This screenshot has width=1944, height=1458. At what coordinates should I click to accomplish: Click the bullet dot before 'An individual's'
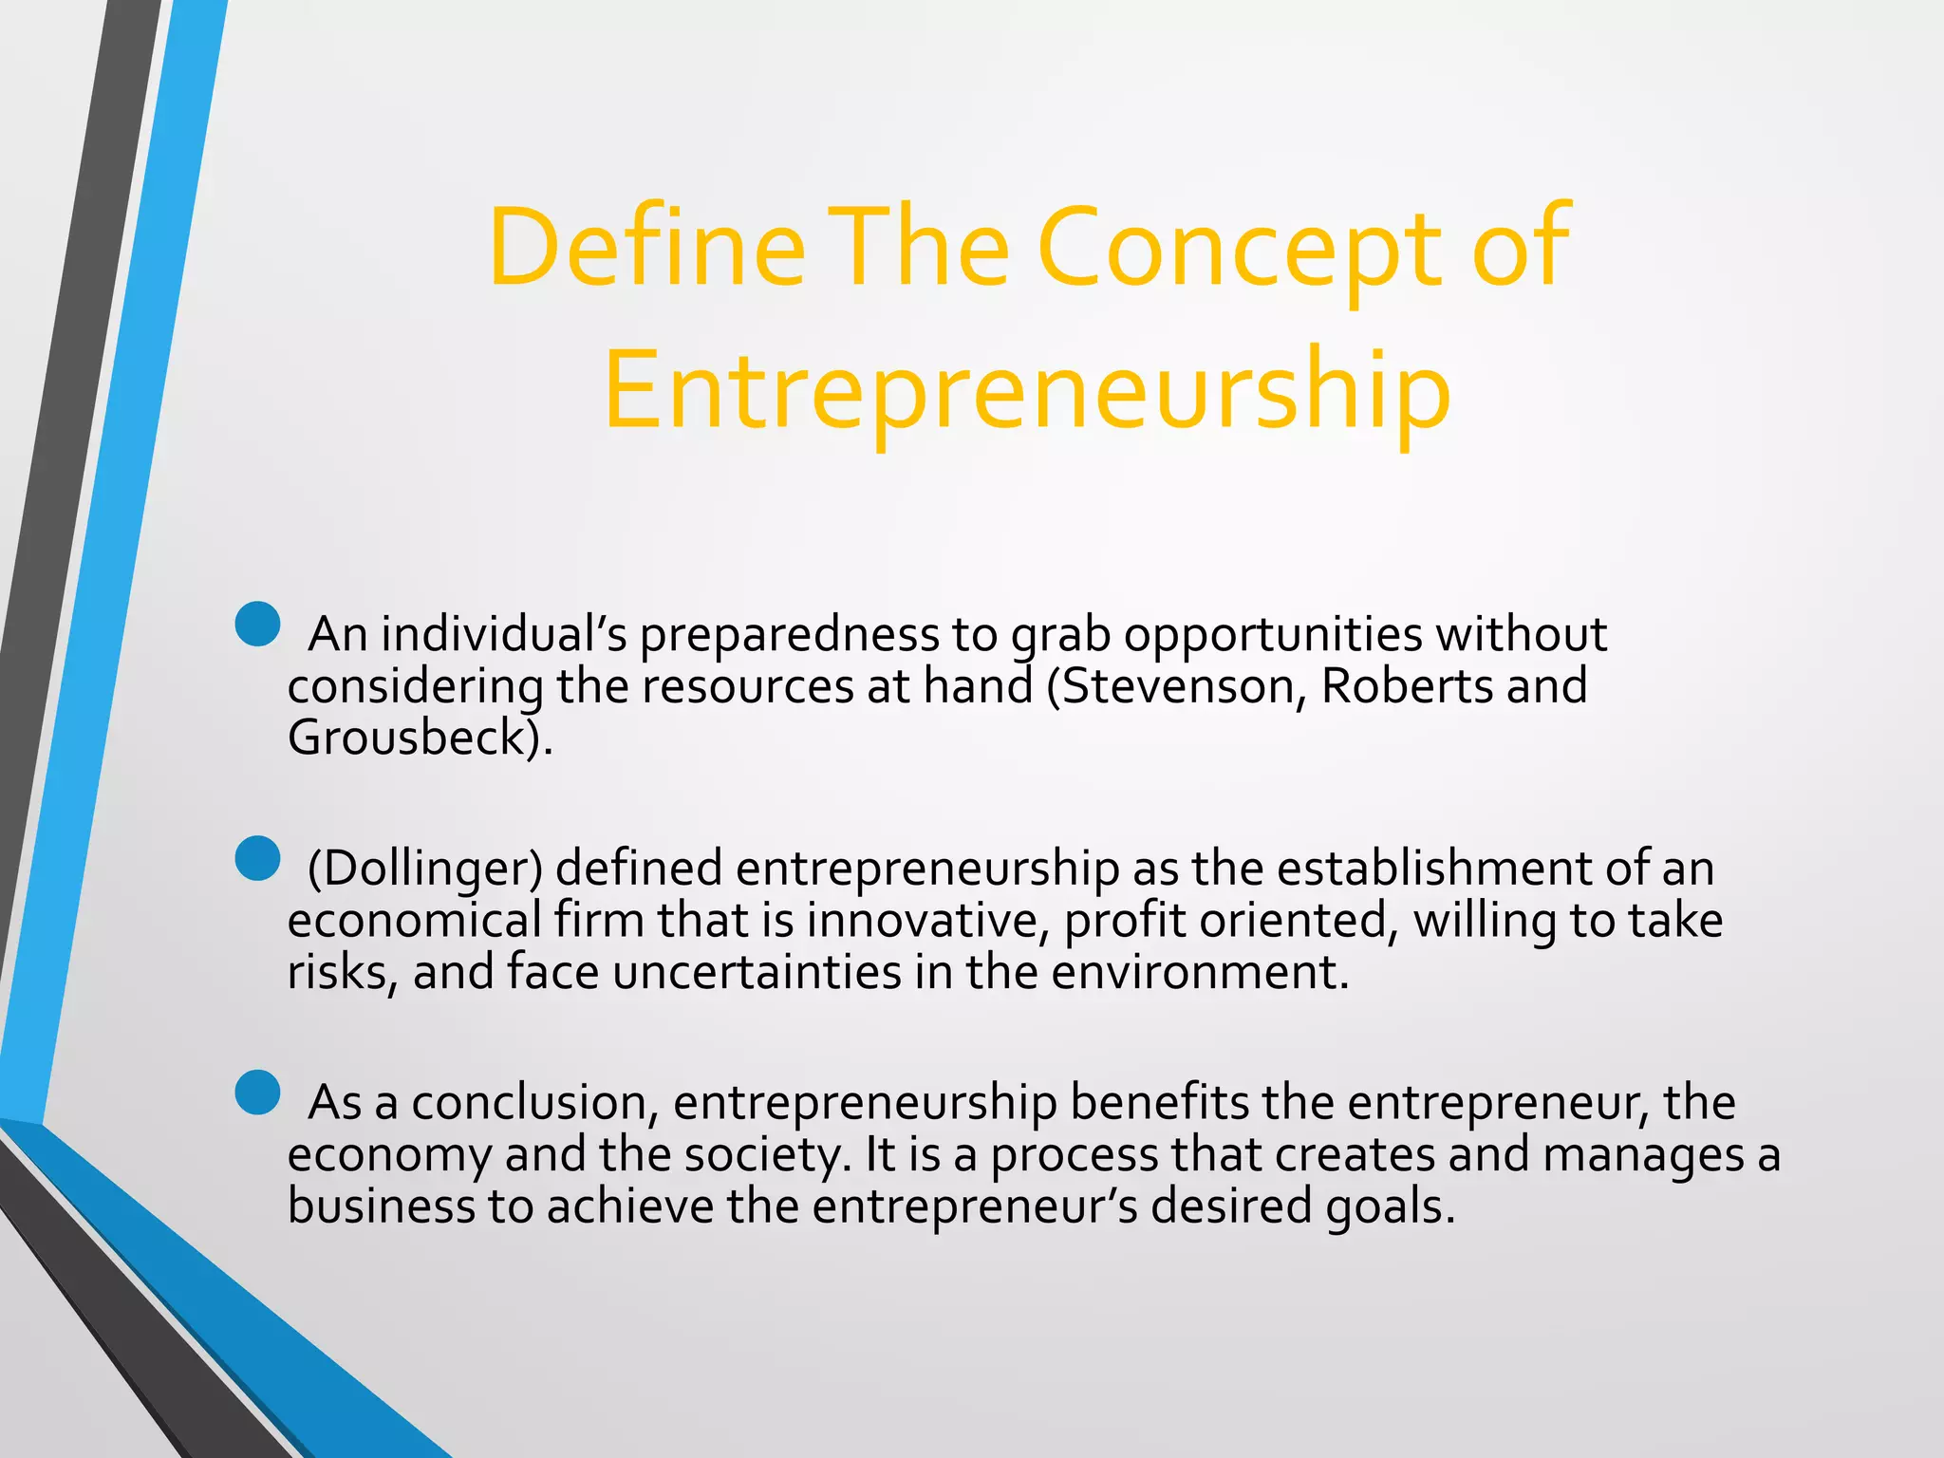point(257,625)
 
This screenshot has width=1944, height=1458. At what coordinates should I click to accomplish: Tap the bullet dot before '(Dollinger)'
point(257,858)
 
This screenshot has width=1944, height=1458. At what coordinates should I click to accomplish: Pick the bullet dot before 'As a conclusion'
point(257,1093)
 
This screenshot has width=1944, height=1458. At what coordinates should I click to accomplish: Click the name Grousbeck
point(407,738)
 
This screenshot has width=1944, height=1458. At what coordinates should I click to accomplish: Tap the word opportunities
point(1273,634)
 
